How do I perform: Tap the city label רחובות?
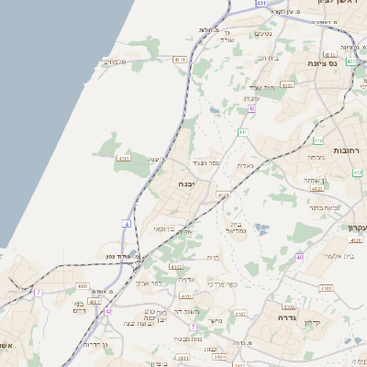click(x=349, y=150)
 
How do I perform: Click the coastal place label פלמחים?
click(x=115, y=61)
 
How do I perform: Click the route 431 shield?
click(x=261, y=5)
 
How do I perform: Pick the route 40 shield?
click(x=300, y=257)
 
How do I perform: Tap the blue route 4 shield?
click(x=126, y=223)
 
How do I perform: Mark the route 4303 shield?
click(x=286, y=85)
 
